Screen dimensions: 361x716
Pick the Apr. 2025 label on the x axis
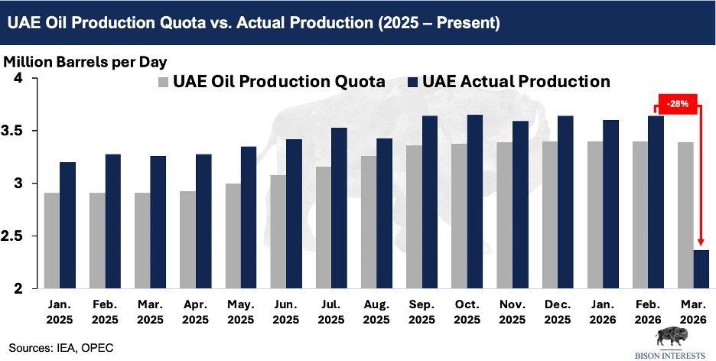[195, 311]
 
